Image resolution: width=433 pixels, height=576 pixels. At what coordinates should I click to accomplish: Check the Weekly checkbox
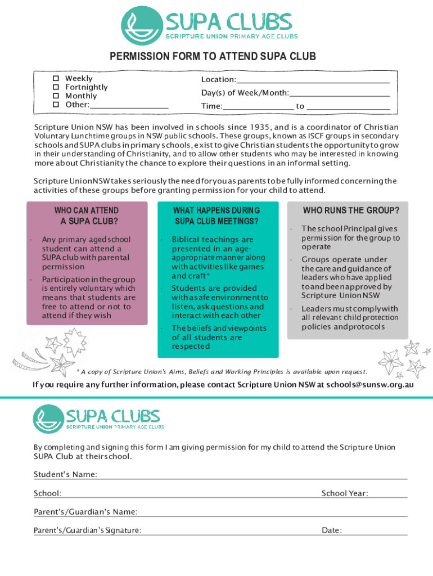[56, 79]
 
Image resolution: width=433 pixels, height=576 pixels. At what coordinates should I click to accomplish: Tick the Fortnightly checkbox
[56, 87]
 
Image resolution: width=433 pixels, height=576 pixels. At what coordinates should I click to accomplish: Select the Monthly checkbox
[56, 96]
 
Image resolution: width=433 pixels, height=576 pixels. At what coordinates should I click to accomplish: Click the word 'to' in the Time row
[300, 106]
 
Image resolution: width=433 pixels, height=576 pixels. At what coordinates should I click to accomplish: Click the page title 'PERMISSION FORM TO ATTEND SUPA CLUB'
[213, 56]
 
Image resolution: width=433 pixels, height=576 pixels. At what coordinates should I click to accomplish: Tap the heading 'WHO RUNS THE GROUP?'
[351, 211]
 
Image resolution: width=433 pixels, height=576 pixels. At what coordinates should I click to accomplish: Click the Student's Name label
[65, 475]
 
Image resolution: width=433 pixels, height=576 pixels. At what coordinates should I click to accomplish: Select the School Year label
[345, 493]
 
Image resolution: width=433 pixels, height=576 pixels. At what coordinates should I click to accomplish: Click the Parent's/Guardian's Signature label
[87, 530]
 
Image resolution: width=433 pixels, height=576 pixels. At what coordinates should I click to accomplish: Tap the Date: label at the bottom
[332, 530]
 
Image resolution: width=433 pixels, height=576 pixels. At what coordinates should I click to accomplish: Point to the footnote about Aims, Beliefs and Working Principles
[224, 372]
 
